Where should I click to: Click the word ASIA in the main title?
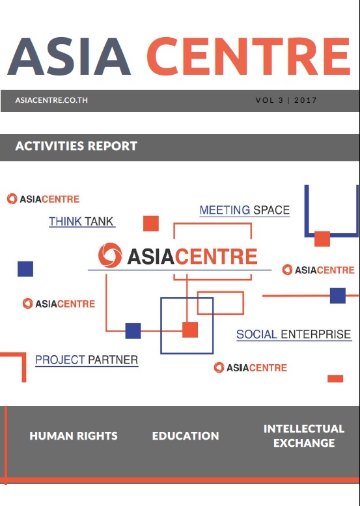(x=69, y=56)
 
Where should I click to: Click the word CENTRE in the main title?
(x=249, y=56)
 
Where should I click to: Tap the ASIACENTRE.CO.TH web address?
(x=51, y=100)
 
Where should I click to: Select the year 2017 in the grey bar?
(x=305, y=100)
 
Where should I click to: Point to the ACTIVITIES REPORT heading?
(x=76, y=146)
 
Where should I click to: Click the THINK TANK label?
(x=81, y=221)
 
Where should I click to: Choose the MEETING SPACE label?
(x=244, y=210)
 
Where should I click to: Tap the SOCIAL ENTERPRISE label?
(x=294, y=334)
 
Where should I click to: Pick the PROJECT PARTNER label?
(x=87, y=360)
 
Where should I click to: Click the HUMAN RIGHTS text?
(x=74, y=436)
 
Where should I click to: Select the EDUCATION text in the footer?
(x=186, y=436)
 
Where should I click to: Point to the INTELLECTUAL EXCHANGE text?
(x=304, y=436)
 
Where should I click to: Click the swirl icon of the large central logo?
(x=110, y=255)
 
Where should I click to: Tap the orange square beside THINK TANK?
(x=151, y=223)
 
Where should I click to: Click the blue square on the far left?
(x=25, y=269)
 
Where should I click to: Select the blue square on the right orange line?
(x=338, y=295)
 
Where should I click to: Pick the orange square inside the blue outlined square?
(x=190, y=330)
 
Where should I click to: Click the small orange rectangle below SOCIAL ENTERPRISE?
(x=335, y=379)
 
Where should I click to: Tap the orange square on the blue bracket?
(x=322, y=239)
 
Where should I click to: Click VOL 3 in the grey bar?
(x=270, y=100)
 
